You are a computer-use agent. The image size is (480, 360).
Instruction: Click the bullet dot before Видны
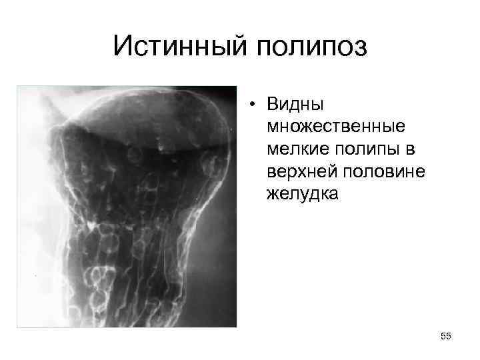pos(253,105)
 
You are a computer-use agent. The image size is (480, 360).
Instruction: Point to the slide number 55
pos(446,337)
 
